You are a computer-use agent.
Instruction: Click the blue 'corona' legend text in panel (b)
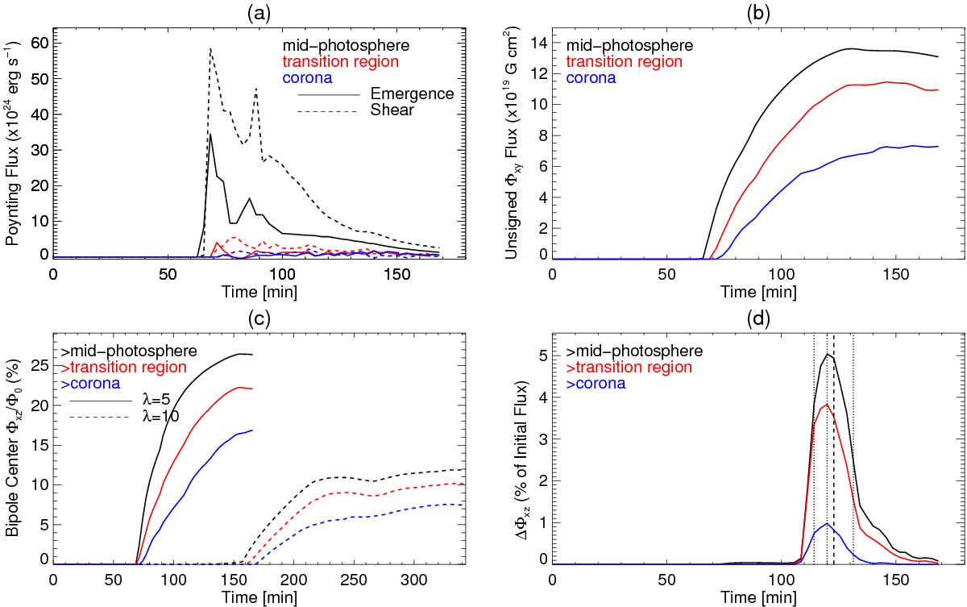point(592,78)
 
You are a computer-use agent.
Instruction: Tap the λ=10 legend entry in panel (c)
point(156,417)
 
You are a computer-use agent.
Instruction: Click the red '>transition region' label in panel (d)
point(629,368)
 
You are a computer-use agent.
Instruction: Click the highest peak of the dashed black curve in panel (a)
point(210,49)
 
